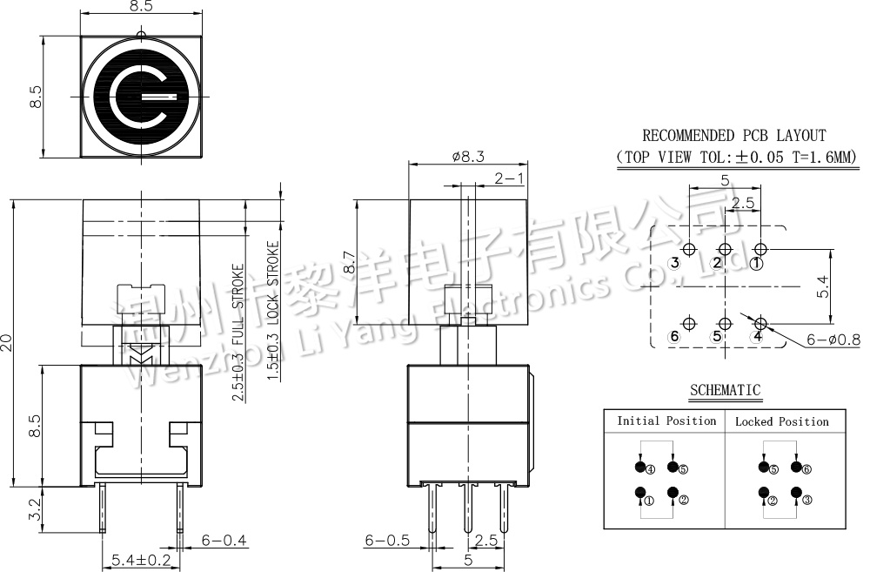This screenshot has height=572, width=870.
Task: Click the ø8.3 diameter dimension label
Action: (468, 157)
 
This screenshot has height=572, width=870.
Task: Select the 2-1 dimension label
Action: (508, 178)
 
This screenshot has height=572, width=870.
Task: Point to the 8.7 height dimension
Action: (349, 262)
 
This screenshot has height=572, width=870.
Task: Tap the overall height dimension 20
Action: (7, 342)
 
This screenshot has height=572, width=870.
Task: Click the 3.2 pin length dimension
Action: (35, 509)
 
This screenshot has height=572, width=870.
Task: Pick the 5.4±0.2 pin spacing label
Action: (141, 560)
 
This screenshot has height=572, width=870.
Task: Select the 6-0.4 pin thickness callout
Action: (224, 540)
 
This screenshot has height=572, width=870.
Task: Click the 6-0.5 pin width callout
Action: (387, 540)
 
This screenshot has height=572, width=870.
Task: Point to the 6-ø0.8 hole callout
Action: (833, 339)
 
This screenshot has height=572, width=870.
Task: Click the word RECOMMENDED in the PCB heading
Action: (688, 135)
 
